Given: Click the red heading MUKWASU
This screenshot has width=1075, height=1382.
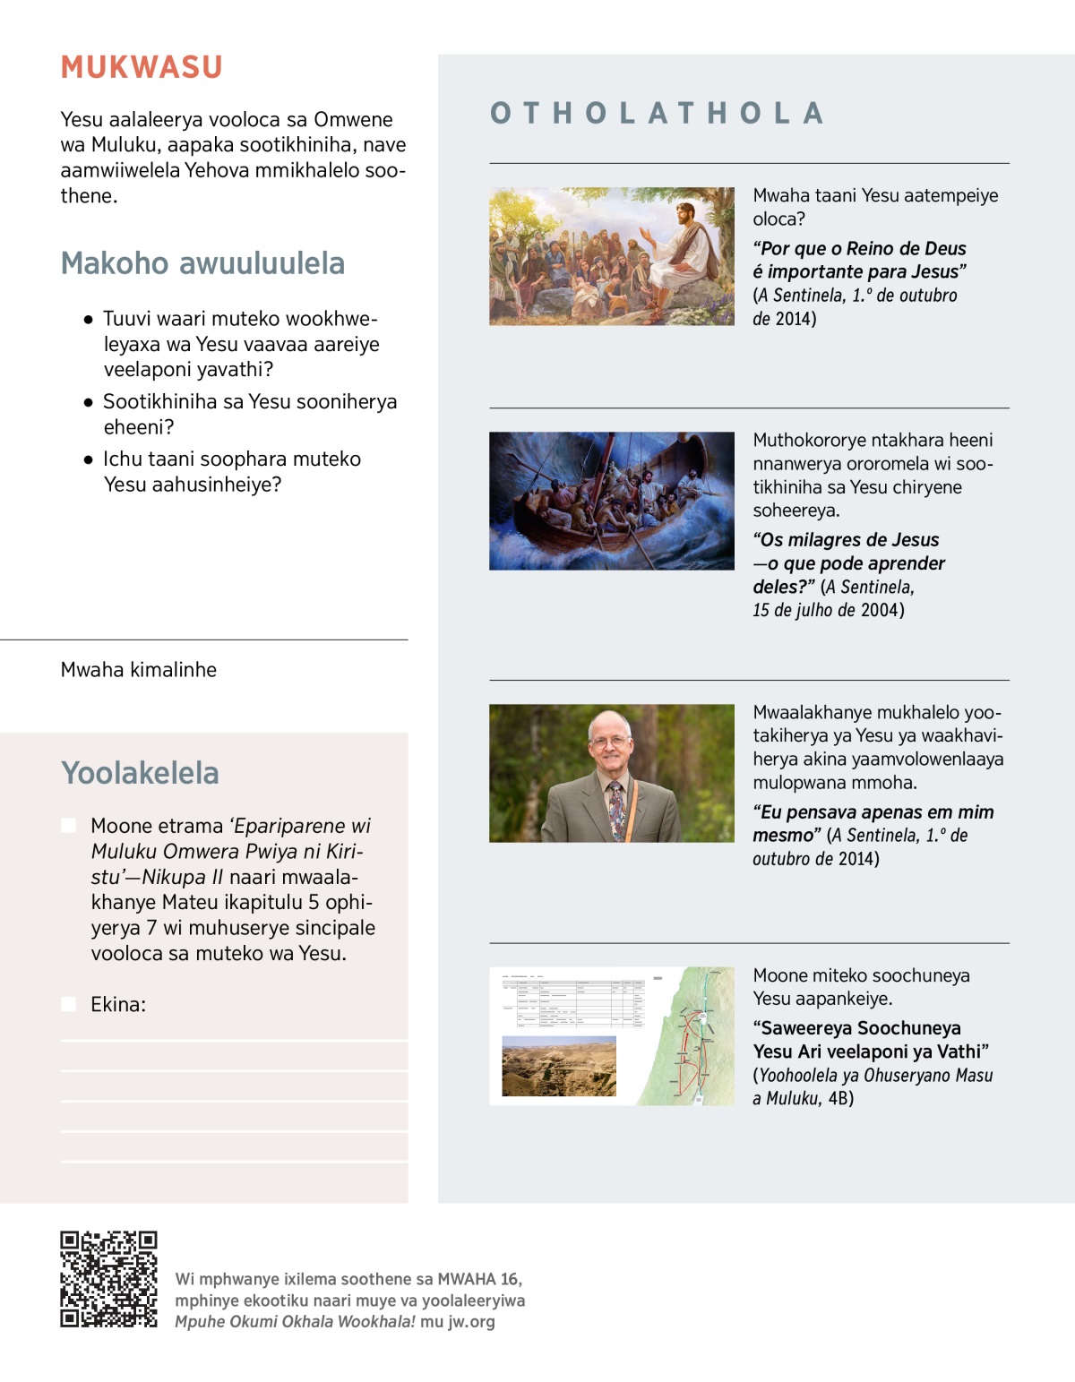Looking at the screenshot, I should tap(142, 68).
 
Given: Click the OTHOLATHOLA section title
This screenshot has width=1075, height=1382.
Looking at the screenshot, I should tap(657, 114).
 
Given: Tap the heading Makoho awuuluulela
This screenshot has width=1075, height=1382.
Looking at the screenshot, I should tap(202, 263).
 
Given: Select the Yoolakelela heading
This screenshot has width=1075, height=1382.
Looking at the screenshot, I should tap(140, 773).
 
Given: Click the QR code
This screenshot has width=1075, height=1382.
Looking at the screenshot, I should tap(108, 1279).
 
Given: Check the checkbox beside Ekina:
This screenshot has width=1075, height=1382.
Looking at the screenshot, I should tap(68, 1004).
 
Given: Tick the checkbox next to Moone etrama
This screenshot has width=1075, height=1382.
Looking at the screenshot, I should tap(68, 826).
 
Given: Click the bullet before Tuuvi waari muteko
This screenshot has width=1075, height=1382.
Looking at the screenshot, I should tap(88, 320).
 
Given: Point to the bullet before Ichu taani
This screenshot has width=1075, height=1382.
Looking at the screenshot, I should tap(88, 459).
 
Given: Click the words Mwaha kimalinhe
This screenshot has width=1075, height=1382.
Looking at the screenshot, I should tap(139, 670).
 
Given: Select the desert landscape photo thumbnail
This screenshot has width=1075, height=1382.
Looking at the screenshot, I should tap(559, 1066).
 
